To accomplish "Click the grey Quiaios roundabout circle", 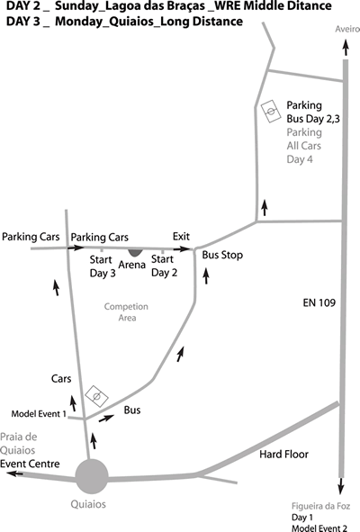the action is (x=92, y=476).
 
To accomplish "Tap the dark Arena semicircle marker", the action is (x=135, y=252).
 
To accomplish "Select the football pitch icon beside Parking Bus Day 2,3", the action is (x=271, y=112).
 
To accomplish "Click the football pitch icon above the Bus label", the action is (x=96, y=396).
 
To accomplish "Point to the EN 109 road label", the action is (x=319, y=302).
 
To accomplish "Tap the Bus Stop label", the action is (x=222, y=255).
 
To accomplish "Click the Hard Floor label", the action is (x=284, y=455).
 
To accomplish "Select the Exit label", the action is (x=181, y=237).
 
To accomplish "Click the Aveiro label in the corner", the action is (x=347, y=29).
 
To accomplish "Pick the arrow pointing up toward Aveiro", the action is (x=346, y=48).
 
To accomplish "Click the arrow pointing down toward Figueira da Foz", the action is (x=341, y=486).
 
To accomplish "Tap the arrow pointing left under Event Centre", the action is (x=15, y=473).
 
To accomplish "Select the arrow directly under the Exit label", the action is (x=182, y=249).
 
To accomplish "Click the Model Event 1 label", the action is (x=39, y=414).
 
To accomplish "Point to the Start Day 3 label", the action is (x=103, y=266).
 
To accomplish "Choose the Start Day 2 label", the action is (x=164, y=266).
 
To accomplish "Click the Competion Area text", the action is (x=126, y=312).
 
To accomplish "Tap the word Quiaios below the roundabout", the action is (x=88, y=504).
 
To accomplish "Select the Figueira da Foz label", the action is (x=320, y=507).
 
